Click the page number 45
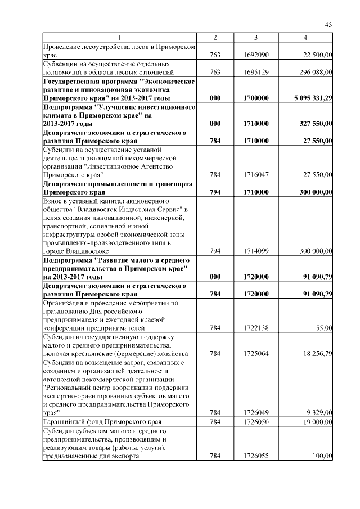click(x=328, y=24)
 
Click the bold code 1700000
click(x=256, y=98)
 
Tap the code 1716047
click(x=256, y=175)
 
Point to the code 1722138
click(x=256, y=327)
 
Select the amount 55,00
click(x=323, y=327)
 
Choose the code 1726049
click(x=256, y=412)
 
